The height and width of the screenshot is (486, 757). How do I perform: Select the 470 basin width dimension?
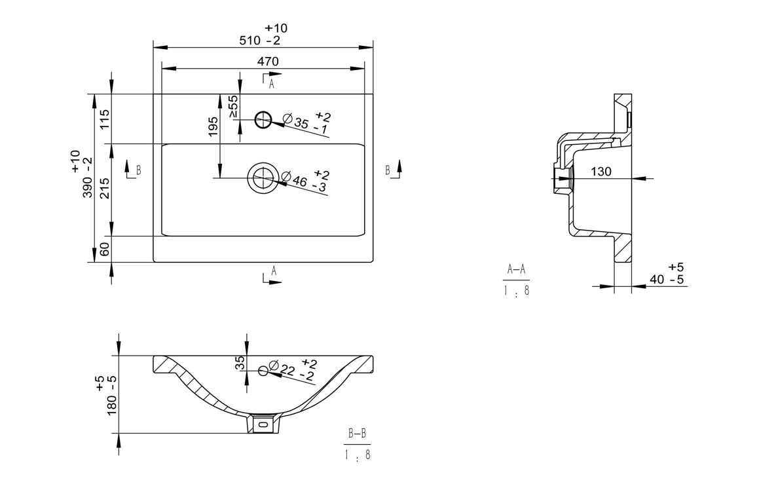click(268, 61)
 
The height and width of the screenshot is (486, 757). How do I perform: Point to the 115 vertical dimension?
click(105, 119)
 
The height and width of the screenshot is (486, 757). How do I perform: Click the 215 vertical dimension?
click(105, 189)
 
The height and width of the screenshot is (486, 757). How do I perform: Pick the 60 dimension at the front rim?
click(105, 249)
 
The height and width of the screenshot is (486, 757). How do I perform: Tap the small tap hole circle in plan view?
click(263, 119)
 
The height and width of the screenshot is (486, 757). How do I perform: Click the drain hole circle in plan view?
click(263, 177)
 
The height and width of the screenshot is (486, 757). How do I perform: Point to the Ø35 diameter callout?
click(305, 124)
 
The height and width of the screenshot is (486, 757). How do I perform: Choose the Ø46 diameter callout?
click(305, 181)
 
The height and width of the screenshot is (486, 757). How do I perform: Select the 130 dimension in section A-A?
click(600, 172)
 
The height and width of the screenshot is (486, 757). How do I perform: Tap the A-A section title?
click(517, 269)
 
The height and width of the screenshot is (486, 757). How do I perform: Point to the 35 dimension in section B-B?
click(240, 363)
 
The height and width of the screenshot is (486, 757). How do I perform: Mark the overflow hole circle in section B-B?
click(263, 371)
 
